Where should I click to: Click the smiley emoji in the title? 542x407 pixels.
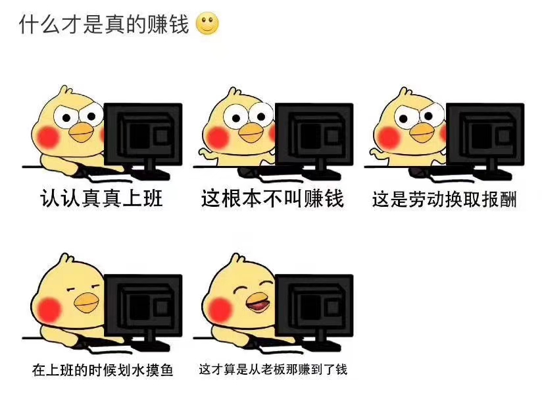tap(207, 24)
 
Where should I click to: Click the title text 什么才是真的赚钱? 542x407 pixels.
tap(104, 24)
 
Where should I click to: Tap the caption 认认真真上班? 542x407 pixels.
tap(101, 198)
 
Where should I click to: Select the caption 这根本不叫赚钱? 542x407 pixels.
tap(272, 198)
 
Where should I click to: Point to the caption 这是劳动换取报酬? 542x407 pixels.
tap(444, 200)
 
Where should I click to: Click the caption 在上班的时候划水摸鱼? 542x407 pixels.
tap(103, 370)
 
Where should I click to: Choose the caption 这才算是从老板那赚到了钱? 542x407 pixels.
tap(273, 369)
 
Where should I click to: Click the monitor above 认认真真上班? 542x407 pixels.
tap(143, 139)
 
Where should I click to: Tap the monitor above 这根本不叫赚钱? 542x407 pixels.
tap(314, 139)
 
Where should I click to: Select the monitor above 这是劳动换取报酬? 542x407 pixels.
tap(485, 139)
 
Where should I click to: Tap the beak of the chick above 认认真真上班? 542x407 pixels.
tap(81, 132)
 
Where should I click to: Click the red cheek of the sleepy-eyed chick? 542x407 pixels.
tap(49, 310)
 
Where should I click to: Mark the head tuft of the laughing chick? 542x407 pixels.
tap(237, 258)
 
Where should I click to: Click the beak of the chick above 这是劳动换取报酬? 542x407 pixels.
tap(423, 132)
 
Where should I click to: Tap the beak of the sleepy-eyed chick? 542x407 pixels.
tap(86, 302)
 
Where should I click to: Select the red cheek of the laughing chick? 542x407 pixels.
tap(220, 310)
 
